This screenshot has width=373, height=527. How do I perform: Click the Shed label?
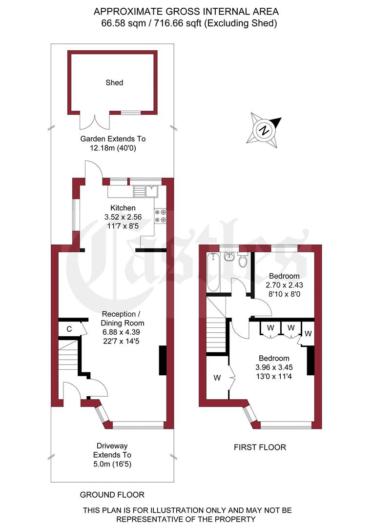114,82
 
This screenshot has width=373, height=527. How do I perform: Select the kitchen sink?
146,191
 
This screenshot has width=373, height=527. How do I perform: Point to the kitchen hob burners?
160,216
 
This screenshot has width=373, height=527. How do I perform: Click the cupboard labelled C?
69,329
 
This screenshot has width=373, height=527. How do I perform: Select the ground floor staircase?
68,356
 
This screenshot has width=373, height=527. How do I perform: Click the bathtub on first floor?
213,272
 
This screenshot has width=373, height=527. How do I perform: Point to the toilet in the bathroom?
243,261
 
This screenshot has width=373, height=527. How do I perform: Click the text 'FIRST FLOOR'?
260,447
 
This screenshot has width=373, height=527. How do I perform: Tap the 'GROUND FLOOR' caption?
112,495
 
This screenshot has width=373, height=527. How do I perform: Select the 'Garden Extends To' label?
113,139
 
